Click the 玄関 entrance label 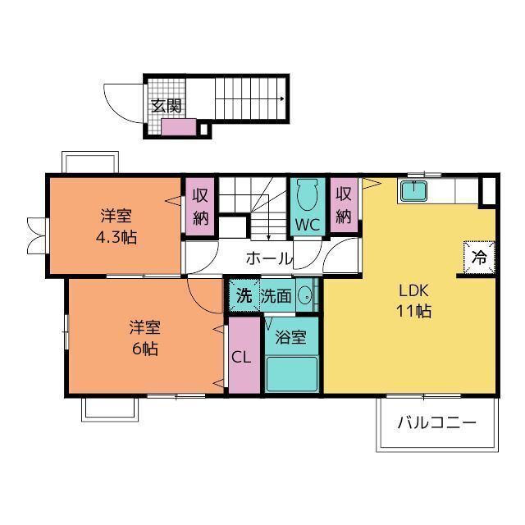coord(166,106)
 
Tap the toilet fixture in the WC coord(308,195)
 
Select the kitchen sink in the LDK coord(413,191)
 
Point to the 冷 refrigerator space coord(479,258)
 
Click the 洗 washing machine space coord(244,295)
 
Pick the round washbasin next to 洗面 coord(304,295)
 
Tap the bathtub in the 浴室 coord(291,374)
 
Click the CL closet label coord(241,358)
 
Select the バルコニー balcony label coord(437,423)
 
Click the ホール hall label coord(269,258)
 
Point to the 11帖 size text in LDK coord(413,311)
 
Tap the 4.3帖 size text coord(116,237)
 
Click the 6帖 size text coord(145,349)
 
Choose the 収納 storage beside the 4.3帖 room coord(200,207)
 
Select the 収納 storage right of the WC coord(344,205)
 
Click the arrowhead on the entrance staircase coord(282,98)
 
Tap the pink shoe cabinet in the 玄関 coord(179,127)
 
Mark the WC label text coord(308,225)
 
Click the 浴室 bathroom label coord(291,337)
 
